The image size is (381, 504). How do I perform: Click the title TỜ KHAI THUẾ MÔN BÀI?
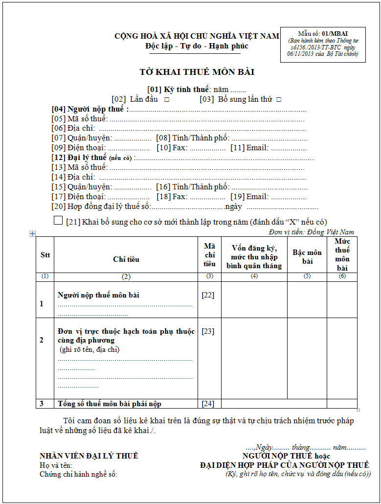click(x=197, y=72)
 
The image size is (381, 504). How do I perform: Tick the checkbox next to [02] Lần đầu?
click(x=167, y=99)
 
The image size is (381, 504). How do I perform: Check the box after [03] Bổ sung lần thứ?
click(x=279, y=99)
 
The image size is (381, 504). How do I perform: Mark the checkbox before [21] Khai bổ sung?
click(x=58, y=221)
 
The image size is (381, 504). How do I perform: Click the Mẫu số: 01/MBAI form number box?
click(x=323, y=44)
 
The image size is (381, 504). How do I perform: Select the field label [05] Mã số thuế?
click(x=79, y=118)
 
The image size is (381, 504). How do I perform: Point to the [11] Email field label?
click(x=249, y=147)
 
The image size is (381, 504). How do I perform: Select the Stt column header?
click(x=45, y=255)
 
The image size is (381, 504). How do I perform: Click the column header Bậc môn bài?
click(x=307, y=256)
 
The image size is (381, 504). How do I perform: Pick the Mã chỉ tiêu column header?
click(x=209, y=255)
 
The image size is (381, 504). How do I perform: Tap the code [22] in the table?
click(x=208, y=295)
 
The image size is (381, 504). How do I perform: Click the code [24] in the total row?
click(x=208, y=404)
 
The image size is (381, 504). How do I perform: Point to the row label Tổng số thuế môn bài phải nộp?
click(x=110, y=404)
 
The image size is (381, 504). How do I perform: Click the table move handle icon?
click(x=32, y=234)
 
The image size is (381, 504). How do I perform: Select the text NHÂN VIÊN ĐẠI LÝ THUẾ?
click(x=89, y=456)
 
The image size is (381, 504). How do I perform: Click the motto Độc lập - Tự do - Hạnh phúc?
click(x=197, y=46)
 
